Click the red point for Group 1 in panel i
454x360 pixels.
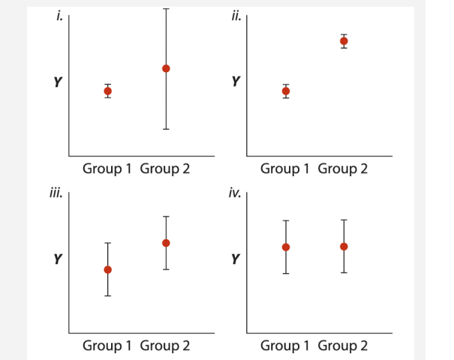107,91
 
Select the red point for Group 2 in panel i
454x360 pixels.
166,68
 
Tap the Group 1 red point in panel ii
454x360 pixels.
286,91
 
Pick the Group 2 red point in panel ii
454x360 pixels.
344,41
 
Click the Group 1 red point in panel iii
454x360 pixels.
107,269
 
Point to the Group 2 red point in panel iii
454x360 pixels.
166,243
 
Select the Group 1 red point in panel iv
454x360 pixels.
286,247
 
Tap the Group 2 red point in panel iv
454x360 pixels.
344,246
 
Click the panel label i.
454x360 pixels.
60,16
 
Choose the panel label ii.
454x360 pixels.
236,16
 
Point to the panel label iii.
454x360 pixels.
56,193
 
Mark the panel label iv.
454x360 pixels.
235,193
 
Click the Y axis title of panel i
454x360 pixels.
57,82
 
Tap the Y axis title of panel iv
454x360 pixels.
235,259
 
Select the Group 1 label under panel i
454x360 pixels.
107,169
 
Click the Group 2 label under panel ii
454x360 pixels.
343,169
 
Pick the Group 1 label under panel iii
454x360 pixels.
107,346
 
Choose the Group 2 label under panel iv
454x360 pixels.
343,346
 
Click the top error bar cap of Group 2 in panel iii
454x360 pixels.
166,217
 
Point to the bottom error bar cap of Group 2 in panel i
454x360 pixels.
166,129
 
